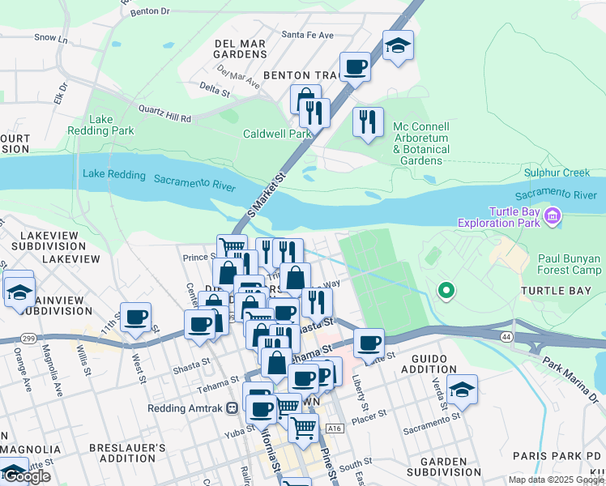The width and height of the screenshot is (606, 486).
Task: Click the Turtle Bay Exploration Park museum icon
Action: (553, 215)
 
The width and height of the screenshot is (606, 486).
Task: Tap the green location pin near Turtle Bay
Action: (445, 290)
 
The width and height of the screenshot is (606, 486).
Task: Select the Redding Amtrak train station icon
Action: (233, 408)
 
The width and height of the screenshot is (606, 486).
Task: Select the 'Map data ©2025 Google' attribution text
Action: (555, 480)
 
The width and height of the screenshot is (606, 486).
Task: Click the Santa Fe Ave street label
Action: (307, 36)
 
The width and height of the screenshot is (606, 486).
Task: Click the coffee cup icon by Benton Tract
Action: (355, 66)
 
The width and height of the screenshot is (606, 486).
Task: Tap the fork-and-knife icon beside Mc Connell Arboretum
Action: (369, 122)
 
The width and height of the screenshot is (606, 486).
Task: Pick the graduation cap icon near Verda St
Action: (462, 389)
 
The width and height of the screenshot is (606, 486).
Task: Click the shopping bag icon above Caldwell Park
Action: (305, 100)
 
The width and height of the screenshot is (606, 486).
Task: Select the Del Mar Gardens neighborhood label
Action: (240, 48)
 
